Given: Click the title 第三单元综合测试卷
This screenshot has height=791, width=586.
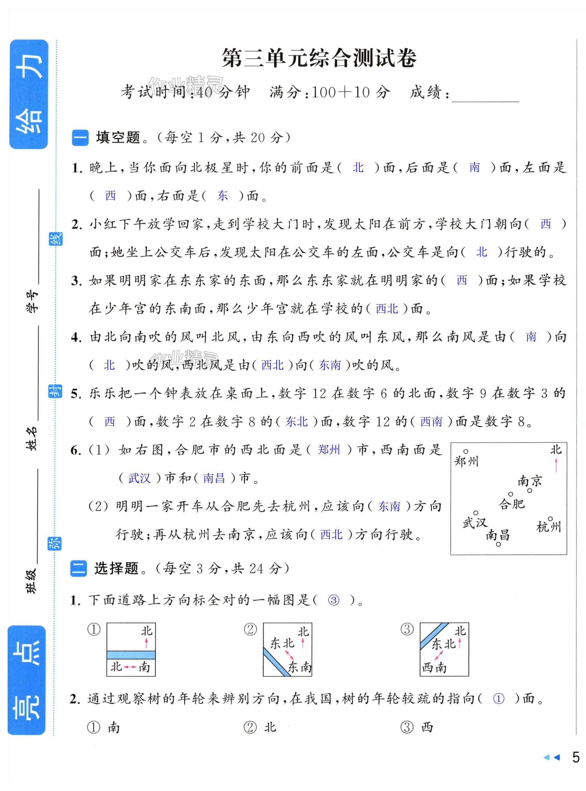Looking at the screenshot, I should [319, 58].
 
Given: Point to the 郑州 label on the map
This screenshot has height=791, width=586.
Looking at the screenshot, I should [466, 462].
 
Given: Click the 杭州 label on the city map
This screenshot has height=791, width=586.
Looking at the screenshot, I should [548, 527].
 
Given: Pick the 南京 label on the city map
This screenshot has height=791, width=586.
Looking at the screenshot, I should [530, 481].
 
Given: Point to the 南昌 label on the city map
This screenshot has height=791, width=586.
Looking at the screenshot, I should [498, 535].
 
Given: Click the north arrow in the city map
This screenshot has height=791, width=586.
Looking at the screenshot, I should [556, 464].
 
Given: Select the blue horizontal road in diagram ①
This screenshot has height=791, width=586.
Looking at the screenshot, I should [131, 654].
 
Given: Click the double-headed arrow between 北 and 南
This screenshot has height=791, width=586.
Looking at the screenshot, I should [130, 667].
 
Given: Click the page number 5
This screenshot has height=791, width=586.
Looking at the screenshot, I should [576, 767].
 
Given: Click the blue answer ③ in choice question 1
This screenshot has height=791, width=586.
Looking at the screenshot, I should [333, 600].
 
